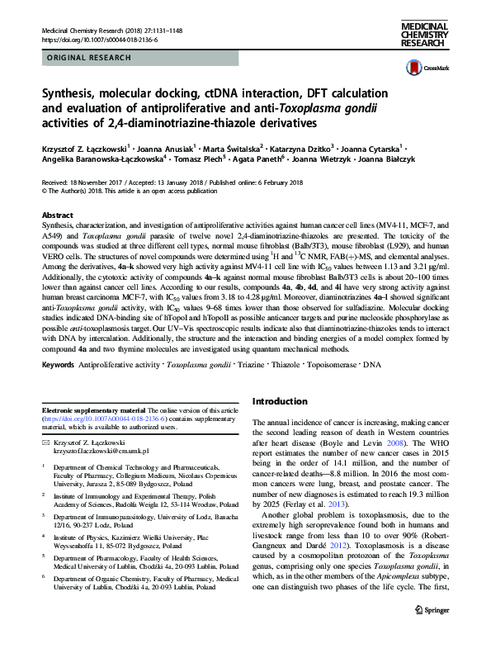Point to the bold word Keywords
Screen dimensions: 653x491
(61, 363)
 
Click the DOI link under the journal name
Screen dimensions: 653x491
(93, 40)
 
